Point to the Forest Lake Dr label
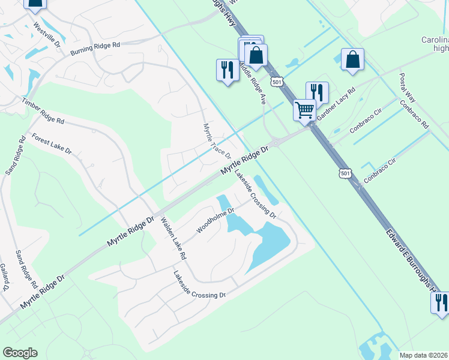52,144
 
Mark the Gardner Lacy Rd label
337,104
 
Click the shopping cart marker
304,110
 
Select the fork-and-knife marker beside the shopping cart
317,92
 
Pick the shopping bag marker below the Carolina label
352,59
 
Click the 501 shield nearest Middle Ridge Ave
276,81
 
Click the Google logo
20,353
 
